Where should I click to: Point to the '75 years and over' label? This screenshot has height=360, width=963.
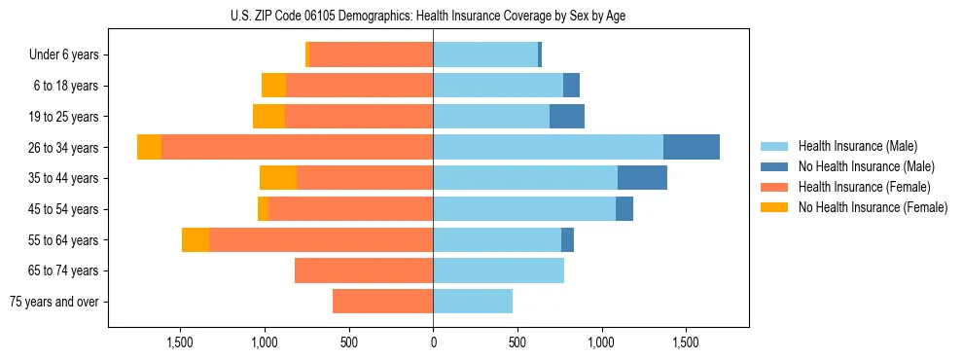point(54,302)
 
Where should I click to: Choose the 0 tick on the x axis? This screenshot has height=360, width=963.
point(433,342)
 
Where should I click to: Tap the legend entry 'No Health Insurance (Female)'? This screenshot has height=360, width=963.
point(873,207)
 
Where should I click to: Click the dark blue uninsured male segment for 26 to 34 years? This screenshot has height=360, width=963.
point(692,147)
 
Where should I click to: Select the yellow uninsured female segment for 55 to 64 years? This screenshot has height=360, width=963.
point(196,239)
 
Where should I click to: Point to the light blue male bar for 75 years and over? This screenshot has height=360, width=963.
point(473,302)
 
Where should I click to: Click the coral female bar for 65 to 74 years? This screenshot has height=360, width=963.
point(364,270)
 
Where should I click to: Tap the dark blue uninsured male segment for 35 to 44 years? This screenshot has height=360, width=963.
point(642,178)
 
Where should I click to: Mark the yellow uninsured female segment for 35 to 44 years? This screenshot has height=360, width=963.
point(278,178)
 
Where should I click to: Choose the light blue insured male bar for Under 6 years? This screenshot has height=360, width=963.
point(485,54)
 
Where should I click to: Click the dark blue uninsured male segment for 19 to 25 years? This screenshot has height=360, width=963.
point(567,117)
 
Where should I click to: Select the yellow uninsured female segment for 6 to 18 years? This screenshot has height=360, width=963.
point(273,86)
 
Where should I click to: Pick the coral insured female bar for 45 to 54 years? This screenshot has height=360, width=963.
point(350,209)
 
